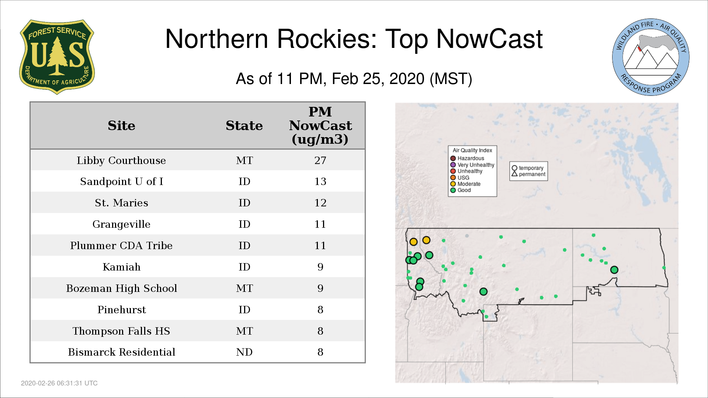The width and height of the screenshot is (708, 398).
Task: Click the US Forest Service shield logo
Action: (x=57, y=57)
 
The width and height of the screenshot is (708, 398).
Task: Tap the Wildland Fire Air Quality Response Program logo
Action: (x=651, y=57)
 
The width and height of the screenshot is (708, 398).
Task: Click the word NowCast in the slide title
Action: (x=489, y=39)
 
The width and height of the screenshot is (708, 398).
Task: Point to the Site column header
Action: (x=121, y=126)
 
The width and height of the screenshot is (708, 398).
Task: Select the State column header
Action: (x=244, y=126)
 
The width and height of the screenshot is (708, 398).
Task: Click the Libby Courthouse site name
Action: (x=121, y=160)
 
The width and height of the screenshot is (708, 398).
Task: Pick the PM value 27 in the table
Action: (x=320, y=160)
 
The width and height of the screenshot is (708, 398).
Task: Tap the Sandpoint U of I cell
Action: (x=121, y=181)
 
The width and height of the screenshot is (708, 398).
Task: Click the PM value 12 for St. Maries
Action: (x=320, y=203)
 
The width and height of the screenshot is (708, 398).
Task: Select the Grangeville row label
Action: (x=121, y=224)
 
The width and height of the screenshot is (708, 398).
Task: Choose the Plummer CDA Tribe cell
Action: (x=121, y=245)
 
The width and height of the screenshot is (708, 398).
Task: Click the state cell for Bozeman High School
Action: (x=244, y=288)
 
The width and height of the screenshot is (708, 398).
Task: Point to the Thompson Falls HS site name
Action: (x=121, y=331)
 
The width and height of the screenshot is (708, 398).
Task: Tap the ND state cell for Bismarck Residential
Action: (x=244, y=352)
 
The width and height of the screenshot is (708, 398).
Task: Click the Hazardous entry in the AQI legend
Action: (x=467, y=158)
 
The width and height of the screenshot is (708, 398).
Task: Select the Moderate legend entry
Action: (x=465, y=184)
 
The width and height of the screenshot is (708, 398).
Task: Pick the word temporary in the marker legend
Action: (x=531, y=168)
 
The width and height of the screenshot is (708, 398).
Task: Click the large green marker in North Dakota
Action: (x=614, y=270)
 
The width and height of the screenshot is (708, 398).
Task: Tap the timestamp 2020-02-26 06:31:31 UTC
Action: (x=59, y=383)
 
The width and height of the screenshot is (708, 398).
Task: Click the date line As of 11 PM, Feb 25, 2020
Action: (x=354, y=79)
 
